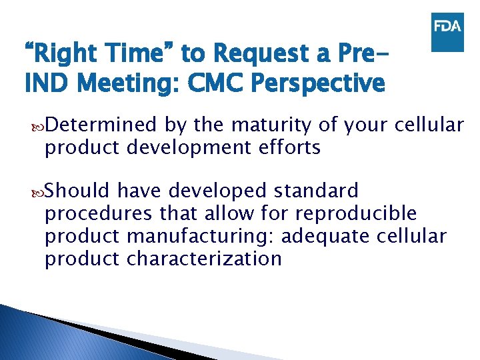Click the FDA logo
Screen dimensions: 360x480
tap(447, 31)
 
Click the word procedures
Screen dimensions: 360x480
tap(100, 214)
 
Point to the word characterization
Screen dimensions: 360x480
tap(204, 259)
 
